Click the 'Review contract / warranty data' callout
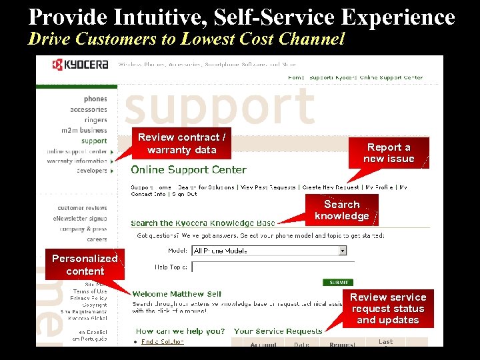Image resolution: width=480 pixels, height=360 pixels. pos(182,143)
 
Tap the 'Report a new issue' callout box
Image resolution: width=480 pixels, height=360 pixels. pos(389,153)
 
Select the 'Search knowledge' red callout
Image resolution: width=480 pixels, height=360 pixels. pos(342,210)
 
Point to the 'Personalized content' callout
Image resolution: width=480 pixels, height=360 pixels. pos(85,265)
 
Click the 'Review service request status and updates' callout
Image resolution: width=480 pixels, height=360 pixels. pos(388,309)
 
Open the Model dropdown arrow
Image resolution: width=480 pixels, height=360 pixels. pos(343,251)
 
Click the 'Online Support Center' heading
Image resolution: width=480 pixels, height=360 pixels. pos(189,170)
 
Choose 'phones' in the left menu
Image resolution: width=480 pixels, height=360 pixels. pos(95,99)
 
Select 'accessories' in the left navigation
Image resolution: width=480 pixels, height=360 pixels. pos(89,109)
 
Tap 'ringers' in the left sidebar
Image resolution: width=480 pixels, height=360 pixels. pos(95,120)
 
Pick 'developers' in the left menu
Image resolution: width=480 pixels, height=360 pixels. pos(91,171)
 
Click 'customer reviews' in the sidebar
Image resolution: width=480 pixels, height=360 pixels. pos(82,208)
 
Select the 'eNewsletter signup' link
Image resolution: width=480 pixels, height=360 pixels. pos(80,219)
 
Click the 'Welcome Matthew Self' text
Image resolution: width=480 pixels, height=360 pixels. pos(177,294)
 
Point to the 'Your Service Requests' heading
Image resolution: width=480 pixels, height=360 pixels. pos(278,331)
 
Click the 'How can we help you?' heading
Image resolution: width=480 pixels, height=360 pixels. pos(180,331)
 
